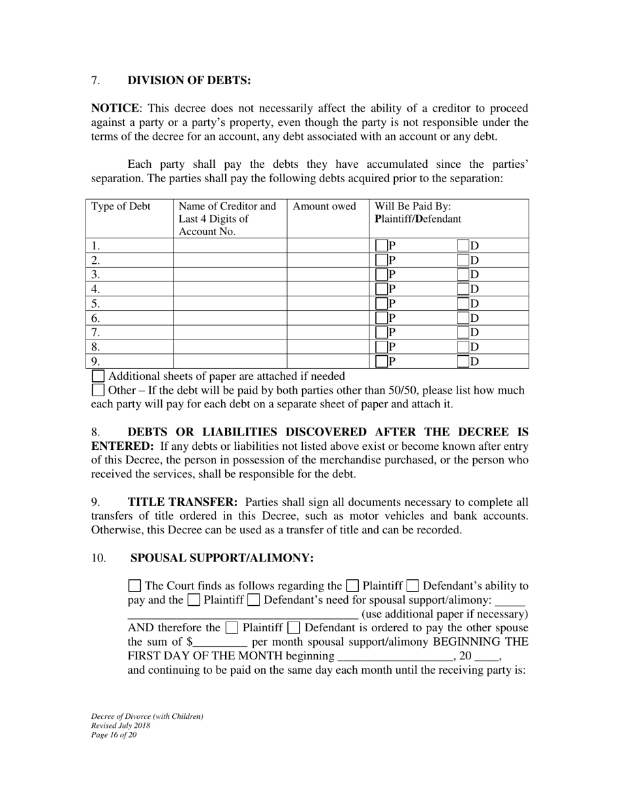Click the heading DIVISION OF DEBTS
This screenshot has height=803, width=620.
[x=189, y=80]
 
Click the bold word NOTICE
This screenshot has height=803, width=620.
[x=114, y=108]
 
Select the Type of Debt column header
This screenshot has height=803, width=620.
[x=121, y=207]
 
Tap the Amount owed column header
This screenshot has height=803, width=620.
[x=324, y=207]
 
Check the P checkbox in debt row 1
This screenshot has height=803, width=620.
[x=382, y=246]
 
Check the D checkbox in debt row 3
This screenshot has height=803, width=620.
[x=463, y=275]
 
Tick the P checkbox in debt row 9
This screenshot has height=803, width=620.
[x=382, y=362]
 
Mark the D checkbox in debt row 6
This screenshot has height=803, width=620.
[x=463, y=318]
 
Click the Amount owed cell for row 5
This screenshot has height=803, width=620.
[x=328, y=304]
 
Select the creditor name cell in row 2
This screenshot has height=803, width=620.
[x=230, y=260]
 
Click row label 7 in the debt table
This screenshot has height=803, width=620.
[x=96, y=332]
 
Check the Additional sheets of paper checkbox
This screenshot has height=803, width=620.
[x=98, y=376]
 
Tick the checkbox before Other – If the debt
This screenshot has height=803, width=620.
[x=98, y=390]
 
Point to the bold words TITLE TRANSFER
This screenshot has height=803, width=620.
[x=183, y=502]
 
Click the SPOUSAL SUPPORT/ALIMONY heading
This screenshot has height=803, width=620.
[x=223, y=558]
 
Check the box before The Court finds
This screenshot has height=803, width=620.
[x=134, y=586]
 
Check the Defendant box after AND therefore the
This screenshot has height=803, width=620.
[x=294, y=628]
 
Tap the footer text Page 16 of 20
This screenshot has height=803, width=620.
[x=114, y=734]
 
